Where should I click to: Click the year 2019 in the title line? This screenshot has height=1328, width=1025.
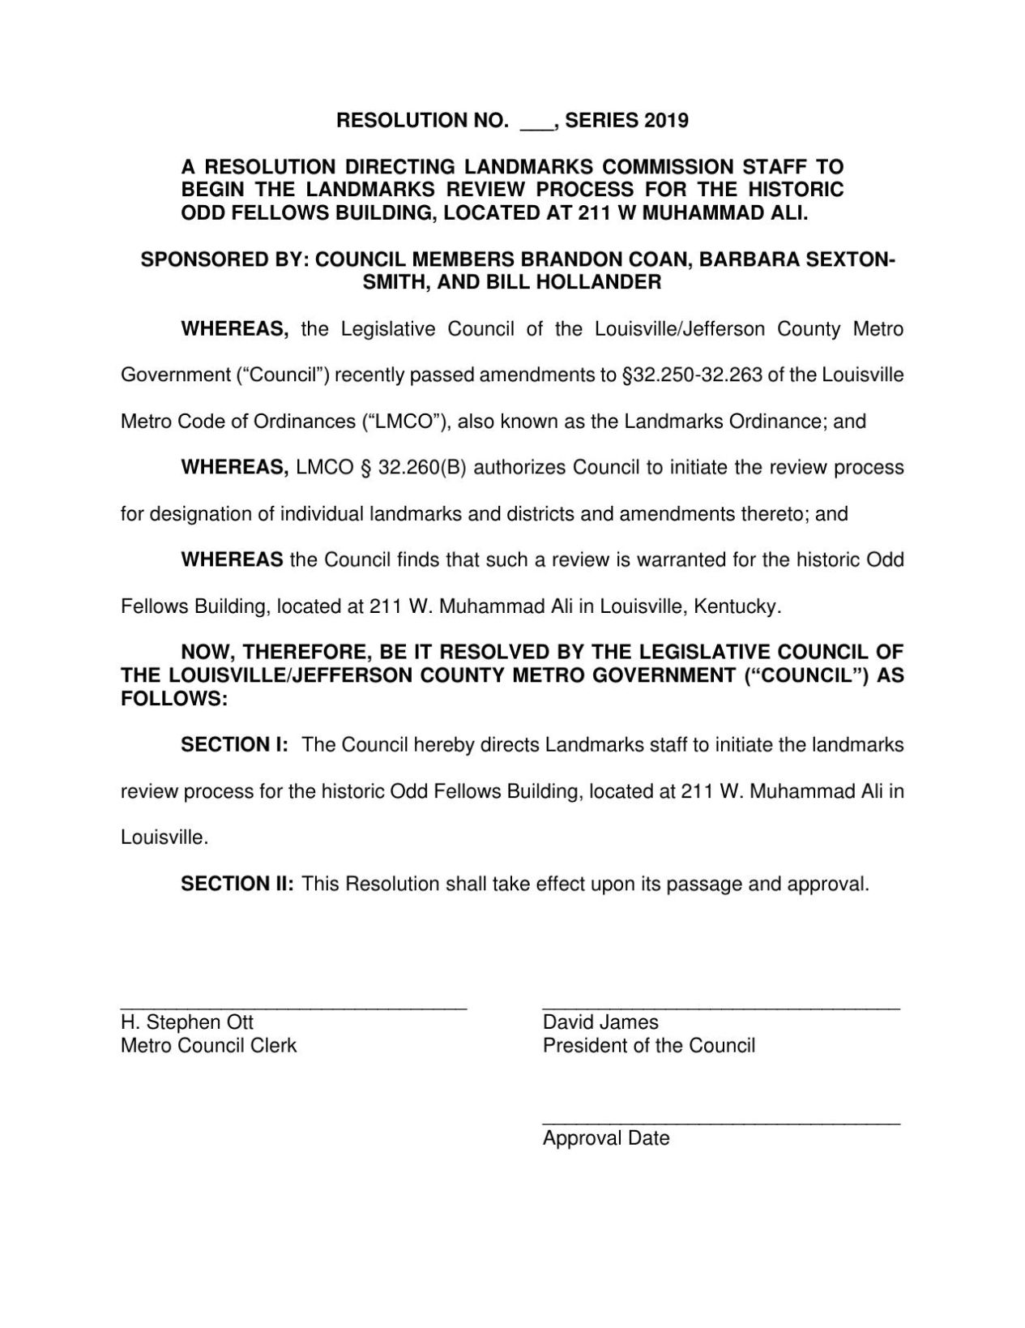pos(667,122)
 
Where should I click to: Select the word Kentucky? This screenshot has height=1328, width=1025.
pos(744,606)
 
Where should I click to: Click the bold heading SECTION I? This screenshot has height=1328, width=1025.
pos(234,745)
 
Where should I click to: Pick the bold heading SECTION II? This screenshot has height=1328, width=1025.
pos(237,884)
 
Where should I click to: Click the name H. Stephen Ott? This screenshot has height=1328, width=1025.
pos(187,1023)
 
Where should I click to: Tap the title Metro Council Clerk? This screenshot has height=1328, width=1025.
pos(208,1046)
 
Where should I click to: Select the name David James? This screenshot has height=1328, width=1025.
pos(600,1023)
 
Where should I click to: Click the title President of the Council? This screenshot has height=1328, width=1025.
pos(648,1046)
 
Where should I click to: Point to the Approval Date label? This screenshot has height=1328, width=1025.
pos(606,1138)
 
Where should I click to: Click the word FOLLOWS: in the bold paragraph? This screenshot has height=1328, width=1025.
pos(174,699)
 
